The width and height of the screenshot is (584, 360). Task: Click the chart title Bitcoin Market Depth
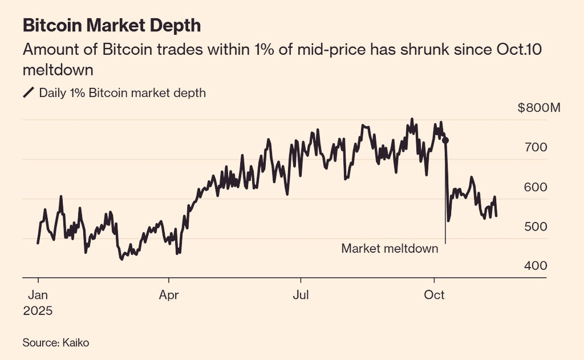(111, 26)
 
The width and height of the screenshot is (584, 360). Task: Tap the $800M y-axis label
(540, 108)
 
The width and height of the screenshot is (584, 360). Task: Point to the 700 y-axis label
(536, 147)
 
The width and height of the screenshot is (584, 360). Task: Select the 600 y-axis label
(536, 187)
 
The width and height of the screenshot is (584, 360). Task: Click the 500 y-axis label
(536, 226)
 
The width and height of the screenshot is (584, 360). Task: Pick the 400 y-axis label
(536, 266)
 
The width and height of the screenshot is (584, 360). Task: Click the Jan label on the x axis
(38, 296)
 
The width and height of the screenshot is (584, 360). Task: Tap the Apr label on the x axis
(169, 296)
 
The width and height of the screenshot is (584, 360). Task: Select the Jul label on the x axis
(301, 296)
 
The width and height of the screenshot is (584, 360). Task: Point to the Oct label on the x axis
(435, 296)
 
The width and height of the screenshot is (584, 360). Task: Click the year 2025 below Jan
(38, 312)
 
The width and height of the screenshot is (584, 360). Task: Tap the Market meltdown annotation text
(390, 249)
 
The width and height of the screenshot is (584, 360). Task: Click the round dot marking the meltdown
(445, 140)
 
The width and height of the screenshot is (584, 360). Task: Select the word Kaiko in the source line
(76, 342)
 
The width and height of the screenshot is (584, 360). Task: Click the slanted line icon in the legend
(29, 93)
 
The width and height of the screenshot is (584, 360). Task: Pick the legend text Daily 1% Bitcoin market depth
(122, 93)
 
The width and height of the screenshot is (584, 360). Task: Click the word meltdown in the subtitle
(58, 71)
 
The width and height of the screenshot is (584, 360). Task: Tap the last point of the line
(496, 216)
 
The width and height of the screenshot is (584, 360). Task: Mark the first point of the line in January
(38, 243)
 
